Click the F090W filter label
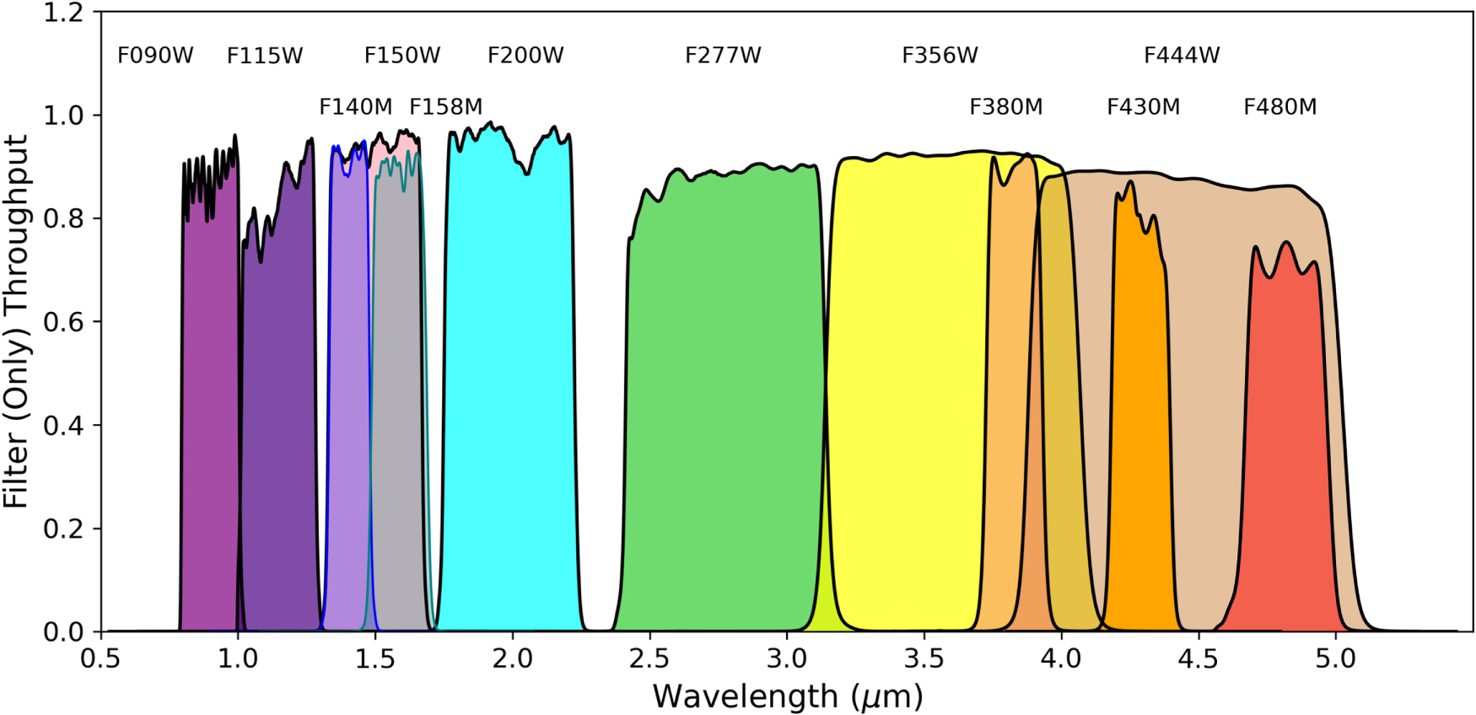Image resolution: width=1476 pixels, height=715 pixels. pos(155,56)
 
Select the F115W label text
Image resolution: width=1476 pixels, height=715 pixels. pos(265,56)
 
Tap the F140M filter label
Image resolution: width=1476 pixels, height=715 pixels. pos(355,107)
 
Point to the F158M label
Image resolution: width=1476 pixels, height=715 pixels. pos(445,107)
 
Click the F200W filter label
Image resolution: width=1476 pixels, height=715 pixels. pos(525,56)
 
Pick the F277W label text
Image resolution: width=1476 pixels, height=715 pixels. pos(723,56)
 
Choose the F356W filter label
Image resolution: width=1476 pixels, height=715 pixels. pos(940,56)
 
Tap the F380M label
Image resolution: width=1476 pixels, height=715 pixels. pos(1005,107)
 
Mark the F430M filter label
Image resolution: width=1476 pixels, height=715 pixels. pos(1143,107)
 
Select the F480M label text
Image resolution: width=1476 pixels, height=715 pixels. pos(1279,107)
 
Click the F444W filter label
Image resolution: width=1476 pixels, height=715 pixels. pos(1182,56)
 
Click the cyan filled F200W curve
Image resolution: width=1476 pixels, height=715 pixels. pos(510,379)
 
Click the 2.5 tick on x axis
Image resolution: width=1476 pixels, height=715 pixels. pos(649,658)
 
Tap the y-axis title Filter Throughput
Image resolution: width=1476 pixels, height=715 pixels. pos(17,320)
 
